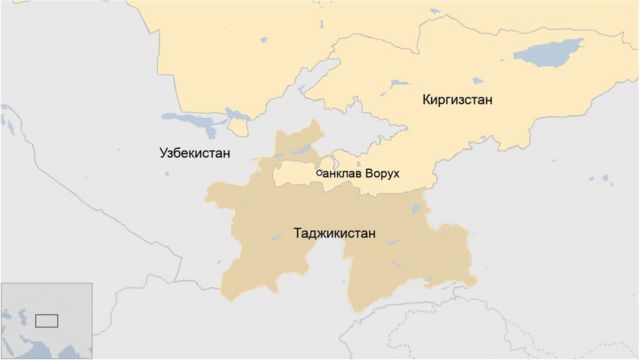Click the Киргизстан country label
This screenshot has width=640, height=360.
click(x=458, y=100)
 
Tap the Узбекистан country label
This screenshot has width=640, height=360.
click(x=195, y=153)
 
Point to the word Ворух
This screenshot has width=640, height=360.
click(x=383, y=174)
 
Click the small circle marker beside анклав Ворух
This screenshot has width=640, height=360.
click(x=319, y=173)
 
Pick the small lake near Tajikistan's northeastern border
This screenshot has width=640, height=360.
click(x=414, y=208)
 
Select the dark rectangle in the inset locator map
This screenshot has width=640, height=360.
click(x=47, y=321)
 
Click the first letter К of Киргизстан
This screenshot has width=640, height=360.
click(x=427, y=100)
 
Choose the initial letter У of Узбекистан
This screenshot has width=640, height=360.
click(x=164, y=153)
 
